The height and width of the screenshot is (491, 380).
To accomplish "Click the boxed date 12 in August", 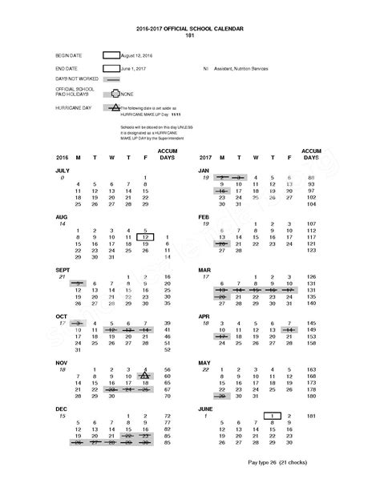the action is pyautogui.click(x=145, y=238).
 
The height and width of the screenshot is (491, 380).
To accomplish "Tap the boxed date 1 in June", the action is pyautogui.click(x=273, y=415).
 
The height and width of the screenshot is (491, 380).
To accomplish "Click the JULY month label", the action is pyautogui.click(x=63, y=171).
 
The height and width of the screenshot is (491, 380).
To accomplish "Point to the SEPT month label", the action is pyautogui.click(x=63, y=269).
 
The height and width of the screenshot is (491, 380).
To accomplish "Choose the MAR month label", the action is pyautogui.click(x=205, y=269).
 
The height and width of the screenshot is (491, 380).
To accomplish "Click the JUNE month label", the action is pyautogui.click(x=206, y=408).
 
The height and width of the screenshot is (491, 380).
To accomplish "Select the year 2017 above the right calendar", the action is pyautogui.click(x=204, y=157).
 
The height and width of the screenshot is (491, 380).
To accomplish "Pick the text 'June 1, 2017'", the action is pyautogui.click(x=136, y=69).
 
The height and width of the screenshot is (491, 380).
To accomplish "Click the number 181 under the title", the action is pyautogui.click(x=189, y=34).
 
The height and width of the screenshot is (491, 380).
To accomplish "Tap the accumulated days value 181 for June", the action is pyautogui.click(x=312, y=415).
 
